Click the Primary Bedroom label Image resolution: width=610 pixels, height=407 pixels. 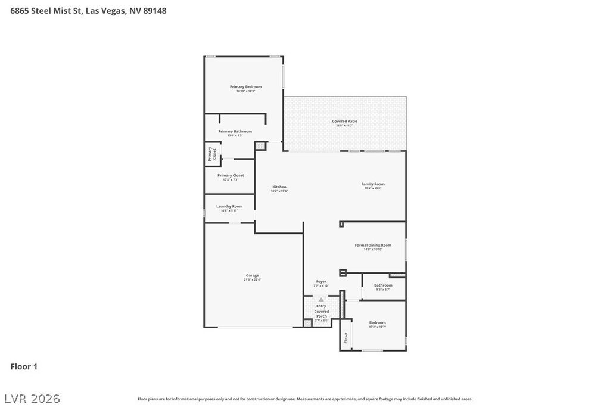[245, 87]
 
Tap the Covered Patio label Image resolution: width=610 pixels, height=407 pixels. [344, 122]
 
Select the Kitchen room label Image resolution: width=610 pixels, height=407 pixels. [279, 187]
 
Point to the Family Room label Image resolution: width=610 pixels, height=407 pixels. [373, 184]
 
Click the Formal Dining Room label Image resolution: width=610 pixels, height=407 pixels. [373, 246]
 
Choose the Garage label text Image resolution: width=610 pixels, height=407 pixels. [252, 275]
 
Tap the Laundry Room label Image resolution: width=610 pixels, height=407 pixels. [229, 206]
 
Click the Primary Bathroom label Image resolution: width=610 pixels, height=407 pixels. [235, 131]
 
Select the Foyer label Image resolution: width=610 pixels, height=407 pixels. [321, 281]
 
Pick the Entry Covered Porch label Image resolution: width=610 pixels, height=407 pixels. [322, 311]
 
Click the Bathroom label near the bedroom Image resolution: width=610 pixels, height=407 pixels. [383, 285]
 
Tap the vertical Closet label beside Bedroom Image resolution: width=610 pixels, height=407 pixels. [346, 338]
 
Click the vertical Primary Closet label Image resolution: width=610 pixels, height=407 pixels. [210, 154]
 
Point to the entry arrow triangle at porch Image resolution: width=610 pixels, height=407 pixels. [321, 300]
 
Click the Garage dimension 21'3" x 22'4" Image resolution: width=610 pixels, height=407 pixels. [252, 279]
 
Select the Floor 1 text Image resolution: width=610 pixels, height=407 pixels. [24, 366]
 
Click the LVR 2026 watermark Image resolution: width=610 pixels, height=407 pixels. [32, 399]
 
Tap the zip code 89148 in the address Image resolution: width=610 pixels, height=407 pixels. [155, 11]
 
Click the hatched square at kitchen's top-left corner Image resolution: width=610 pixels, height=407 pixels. [260, 145]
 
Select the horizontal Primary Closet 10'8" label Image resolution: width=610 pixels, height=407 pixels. [231, 176]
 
